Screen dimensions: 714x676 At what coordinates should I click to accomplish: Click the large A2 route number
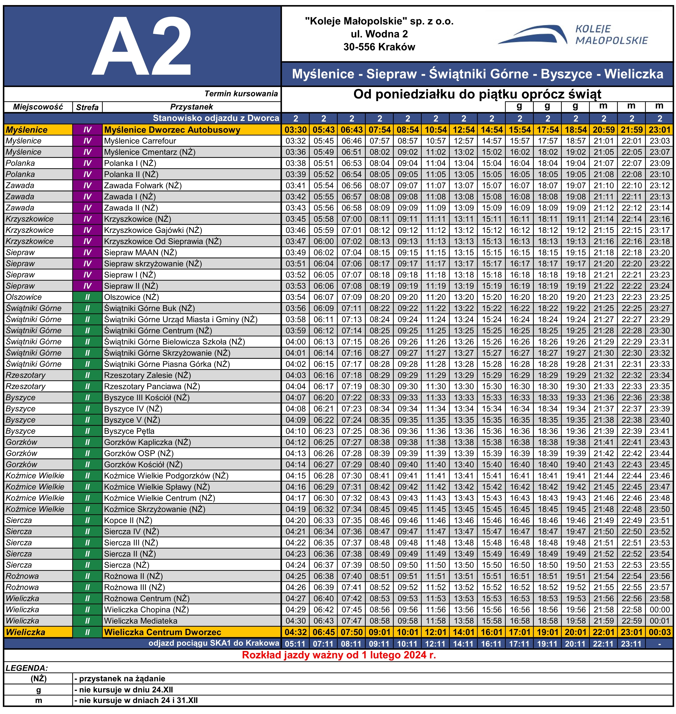[142, 46]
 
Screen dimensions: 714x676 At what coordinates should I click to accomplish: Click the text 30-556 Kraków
[379, 47]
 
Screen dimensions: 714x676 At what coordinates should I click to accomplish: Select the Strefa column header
[87, 107]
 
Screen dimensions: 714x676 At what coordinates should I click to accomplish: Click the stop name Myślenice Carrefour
[140, 141]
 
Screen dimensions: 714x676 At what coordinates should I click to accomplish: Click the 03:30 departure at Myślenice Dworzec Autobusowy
[295, 130]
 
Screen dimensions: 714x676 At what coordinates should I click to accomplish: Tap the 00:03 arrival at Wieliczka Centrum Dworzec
[660, 632]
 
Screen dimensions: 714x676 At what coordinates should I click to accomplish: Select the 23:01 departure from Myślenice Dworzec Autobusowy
[660, 130]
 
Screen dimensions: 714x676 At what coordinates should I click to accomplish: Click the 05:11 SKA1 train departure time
[295, 643]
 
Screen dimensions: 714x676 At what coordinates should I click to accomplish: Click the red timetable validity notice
[339, 655]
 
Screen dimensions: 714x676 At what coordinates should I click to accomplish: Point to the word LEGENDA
[27, 668]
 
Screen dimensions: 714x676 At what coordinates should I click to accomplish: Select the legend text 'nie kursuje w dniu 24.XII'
[124, 690]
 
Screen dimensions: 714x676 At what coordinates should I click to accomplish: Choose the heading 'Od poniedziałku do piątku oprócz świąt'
[477, 94]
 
